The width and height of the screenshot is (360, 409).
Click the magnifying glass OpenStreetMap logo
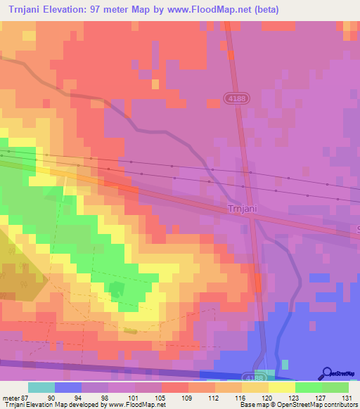pos(326,373)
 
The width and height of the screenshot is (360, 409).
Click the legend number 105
pos(162,398)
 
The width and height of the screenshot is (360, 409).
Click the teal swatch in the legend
pos(41,387)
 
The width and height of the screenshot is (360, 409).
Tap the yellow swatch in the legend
pos(281,387)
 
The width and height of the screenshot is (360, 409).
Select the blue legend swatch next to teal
pos(68,387)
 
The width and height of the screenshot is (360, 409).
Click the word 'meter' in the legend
pos(10,398)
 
